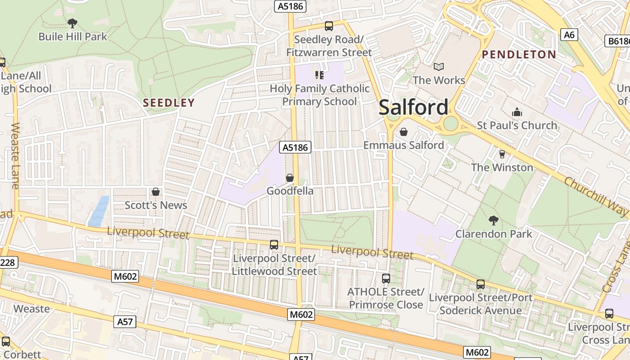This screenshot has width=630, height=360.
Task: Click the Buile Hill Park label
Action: (73, 36)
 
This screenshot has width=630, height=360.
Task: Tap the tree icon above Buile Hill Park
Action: (72, 23)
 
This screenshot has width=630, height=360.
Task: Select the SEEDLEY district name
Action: (169, 103)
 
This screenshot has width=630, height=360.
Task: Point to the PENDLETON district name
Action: (519, 54)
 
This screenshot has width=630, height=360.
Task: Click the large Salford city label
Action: (413, 108)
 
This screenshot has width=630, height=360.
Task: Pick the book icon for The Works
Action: (439, 67)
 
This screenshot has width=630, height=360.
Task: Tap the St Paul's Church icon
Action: (517, 112)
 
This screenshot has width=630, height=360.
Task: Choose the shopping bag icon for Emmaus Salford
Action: (404, 132)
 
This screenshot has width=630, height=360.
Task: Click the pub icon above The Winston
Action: (502, 154)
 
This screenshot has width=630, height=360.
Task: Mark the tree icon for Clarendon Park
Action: (494, 220)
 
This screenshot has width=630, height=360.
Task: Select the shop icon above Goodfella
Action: (290, 178)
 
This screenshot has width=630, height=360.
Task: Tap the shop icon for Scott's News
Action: (156, 192)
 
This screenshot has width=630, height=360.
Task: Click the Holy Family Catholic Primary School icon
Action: (319, 75)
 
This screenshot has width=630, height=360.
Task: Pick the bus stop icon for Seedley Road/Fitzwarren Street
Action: (329, 26)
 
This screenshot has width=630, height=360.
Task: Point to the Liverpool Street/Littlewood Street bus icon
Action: (274, 245)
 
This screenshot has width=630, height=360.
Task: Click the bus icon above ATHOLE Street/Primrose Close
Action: (386, 279)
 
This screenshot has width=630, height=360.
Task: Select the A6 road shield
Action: (569, 35)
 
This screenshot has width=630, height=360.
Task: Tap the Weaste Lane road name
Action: (15, 156)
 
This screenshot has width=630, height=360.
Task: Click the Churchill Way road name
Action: (595, 197)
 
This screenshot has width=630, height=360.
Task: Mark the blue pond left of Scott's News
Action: (99, 211)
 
